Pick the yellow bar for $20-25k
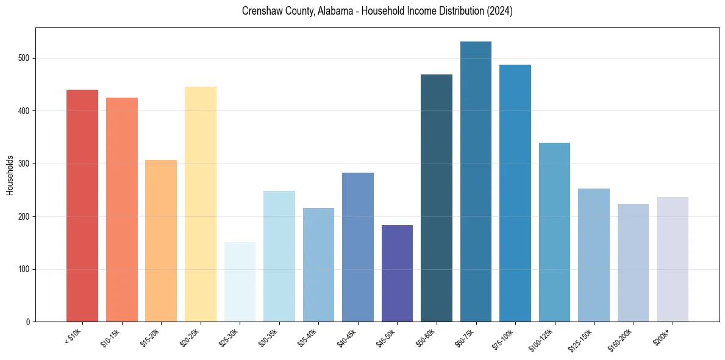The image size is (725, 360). [201, 204]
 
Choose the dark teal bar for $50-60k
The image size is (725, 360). [437, 198]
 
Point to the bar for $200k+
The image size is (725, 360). [673, 259]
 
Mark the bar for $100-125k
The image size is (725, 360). [554, 232]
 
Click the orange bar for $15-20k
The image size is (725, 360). [161, 241]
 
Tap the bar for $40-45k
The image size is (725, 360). [358, 247]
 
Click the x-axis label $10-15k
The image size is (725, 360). [110, 337]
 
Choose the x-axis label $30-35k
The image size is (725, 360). [268, 337]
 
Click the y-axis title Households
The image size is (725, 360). [10, 175]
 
